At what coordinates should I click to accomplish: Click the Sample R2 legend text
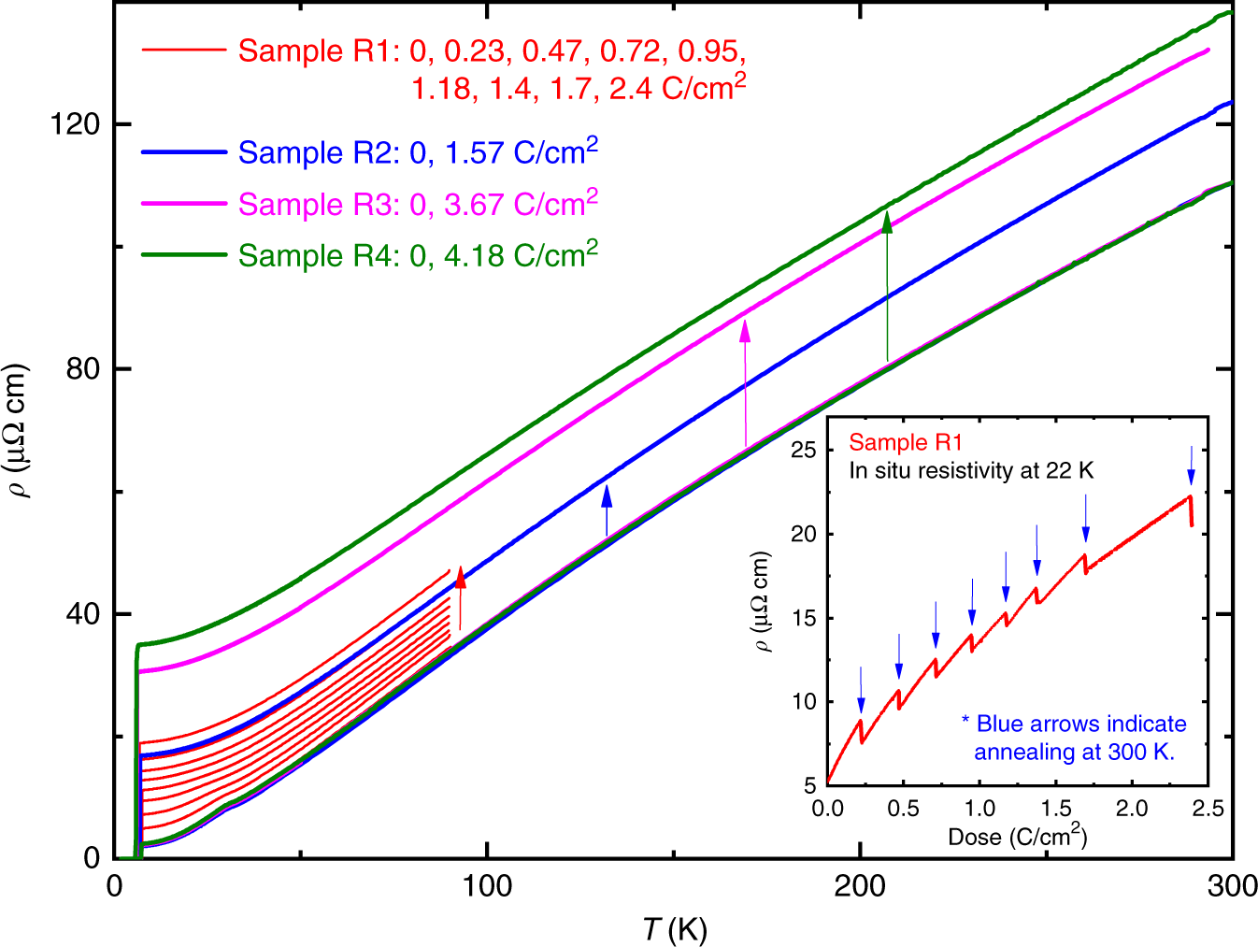tap(418, 152)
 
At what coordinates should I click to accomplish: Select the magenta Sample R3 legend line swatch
tap(183, 203)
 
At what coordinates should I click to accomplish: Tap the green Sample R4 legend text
tap(418, 255)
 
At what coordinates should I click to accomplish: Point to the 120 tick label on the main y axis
tap(75, 124)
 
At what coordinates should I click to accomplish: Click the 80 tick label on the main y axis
tap(82, 369)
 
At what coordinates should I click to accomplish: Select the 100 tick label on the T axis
tap(487, 886)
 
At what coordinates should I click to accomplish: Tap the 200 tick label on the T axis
tap(860, 886)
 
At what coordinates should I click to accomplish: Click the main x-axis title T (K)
tap(674, 929)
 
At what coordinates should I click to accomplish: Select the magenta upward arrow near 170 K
tap(745, 383)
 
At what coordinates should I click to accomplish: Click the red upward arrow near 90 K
tap(460, 598)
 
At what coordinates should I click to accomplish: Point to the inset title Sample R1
tap(905, 443)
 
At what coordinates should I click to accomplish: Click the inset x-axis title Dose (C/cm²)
tap(1017, 837)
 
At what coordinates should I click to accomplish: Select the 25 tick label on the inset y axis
tap(804, 451)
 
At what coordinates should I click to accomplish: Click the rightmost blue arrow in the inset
tap(1191, 466)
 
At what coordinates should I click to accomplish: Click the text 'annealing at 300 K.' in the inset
tap(1074, 752)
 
